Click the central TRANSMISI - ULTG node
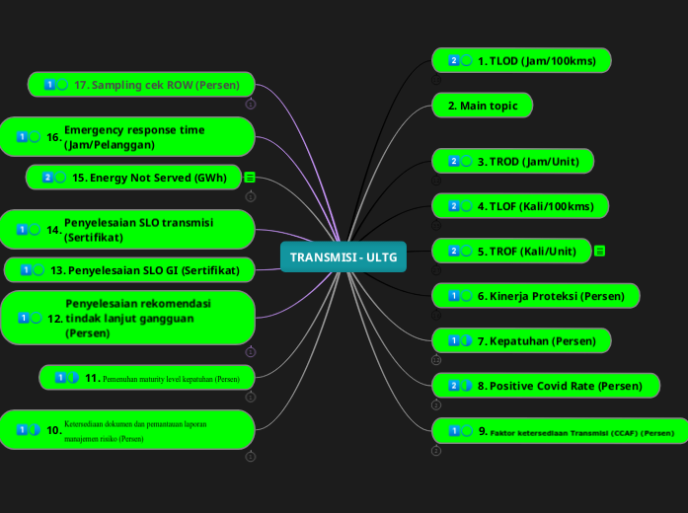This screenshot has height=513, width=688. (343, 257)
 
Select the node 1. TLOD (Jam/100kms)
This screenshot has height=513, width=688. (521, 61)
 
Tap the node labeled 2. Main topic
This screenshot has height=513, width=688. (482, 106)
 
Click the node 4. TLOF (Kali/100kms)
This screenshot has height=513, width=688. (520, 206)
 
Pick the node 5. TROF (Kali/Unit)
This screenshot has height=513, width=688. (511, 252)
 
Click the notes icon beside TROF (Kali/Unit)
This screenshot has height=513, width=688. (599, 252)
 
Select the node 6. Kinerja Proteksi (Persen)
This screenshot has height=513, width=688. (535, 296)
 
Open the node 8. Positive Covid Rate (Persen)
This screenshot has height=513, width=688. (545, 386)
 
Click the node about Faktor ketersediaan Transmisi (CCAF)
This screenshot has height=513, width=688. (560, 431)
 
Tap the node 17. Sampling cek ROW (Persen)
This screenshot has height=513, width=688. (141, 85)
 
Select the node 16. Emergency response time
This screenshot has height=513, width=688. (127, 137)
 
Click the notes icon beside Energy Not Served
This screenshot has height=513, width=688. (250, 178)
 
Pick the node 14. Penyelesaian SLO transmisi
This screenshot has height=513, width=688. (127, 230)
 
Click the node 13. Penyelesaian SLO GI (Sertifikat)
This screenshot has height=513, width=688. (129, 269)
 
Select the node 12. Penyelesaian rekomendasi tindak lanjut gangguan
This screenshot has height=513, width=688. (127, 318)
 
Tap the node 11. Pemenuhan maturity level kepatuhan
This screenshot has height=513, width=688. (148, 378)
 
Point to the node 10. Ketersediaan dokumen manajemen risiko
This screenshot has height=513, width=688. (127, 430)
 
